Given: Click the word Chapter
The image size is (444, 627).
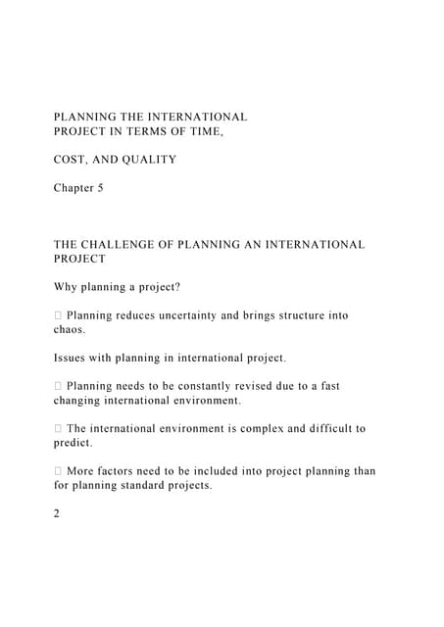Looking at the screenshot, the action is [72, 188].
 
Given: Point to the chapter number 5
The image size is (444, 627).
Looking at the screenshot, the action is [99, 188].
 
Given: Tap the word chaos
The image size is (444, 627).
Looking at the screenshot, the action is [71, 330].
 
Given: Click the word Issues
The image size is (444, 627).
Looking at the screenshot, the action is [72, 358].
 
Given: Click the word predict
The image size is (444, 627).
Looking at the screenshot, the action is [74, 443].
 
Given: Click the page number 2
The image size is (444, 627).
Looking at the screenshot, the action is [57, 513].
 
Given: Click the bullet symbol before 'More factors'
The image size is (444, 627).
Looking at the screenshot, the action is [58, 471].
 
